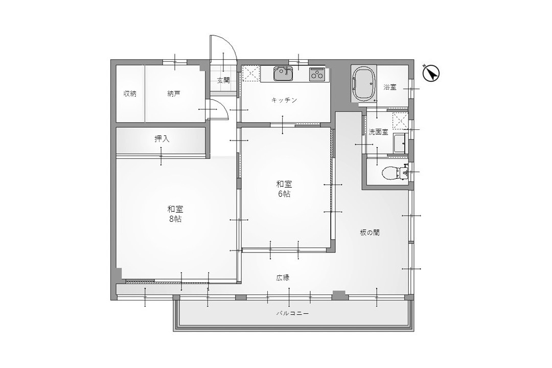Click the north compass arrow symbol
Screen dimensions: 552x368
coord(431,73)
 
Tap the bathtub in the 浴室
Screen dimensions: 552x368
coord(364,84)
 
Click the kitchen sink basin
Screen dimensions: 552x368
coord(283,74)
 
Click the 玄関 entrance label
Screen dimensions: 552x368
coord(223,80)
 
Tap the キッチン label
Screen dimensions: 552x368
coord(284,100)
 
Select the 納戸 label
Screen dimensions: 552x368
coord(174,94)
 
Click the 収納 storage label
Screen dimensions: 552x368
coord(130,94)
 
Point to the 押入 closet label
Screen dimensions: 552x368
coord(162,139)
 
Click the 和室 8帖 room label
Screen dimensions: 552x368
coord(175,214)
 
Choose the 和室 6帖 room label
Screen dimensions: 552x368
coord(284,189)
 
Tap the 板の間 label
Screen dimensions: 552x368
coord(370,233)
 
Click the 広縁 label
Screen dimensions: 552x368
coord(283,278)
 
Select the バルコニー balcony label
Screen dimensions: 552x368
coord(292,313)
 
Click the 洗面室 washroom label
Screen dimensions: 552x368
coord(378,132)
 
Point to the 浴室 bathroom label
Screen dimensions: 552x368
coord(390,87)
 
